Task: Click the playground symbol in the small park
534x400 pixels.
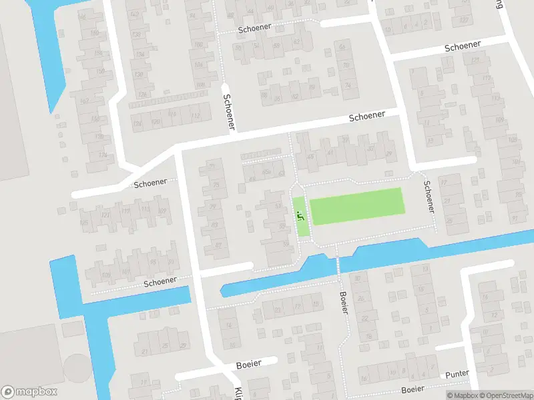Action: (300, 215)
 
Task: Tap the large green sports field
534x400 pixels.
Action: (357, 205)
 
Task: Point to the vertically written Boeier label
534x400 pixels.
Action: (344, 303)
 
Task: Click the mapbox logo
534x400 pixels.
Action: (29, 392)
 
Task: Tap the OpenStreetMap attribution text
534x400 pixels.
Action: (505, 395)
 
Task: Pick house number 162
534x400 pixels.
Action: (84, 101)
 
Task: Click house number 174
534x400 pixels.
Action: (102, 155)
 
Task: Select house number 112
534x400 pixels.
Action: (195, 116)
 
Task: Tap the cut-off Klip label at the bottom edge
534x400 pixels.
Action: (238, 393)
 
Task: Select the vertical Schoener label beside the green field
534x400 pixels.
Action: (429, 197)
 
